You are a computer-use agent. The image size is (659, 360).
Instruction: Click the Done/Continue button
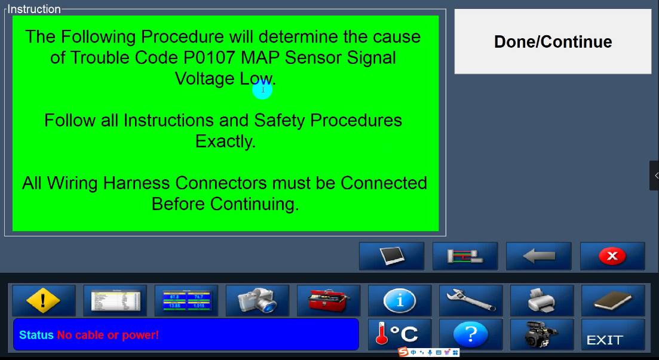coord(553,42)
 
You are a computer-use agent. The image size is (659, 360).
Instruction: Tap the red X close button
coord(612,256)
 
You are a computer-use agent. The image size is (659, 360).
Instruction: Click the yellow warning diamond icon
coord(44,300)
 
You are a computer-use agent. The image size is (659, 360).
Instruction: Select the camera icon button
coord(258,300)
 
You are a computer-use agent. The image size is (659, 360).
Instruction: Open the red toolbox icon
coord(328,300)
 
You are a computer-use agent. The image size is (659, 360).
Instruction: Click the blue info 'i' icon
coord(400,300)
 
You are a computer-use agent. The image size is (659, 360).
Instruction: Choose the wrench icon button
coord(471,300)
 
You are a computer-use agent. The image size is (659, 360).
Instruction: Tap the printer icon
coord(542,300)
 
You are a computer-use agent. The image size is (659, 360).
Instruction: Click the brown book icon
coord(613,300)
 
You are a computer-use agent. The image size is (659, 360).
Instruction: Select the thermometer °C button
coord(400,334)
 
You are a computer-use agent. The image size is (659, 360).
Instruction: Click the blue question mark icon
coord(471,334)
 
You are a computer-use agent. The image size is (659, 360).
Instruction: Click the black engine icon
coord(542,334)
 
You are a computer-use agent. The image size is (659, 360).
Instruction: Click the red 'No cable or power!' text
coord(108,335)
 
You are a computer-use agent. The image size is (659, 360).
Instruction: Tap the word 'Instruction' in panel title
coord(34,9)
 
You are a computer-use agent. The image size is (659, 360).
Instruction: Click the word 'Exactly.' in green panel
coord(225,141)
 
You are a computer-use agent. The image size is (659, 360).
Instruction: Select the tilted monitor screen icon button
coord(392,256)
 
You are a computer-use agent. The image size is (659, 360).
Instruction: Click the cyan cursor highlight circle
coord(262,90)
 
